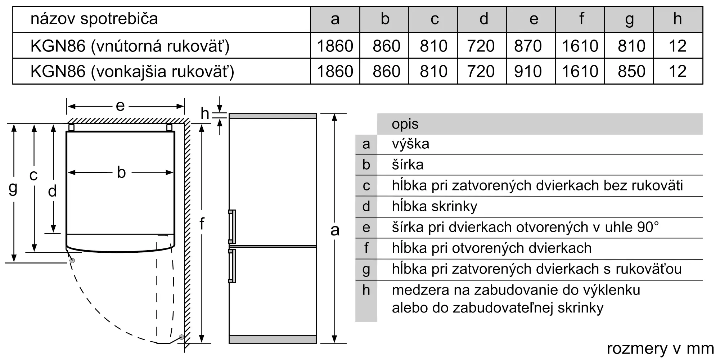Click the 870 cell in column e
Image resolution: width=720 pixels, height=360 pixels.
pyautogui.click(x=528, y=46)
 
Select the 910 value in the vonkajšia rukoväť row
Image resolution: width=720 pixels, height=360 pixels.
pyautogui.click(x=528, y=71)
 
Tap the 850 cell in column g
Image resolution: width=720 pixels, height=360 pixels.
pyautogui.click(x=631, y=71)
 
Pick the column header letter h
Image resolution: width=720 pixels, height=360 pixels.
pyautogui.click(x=678, y=18)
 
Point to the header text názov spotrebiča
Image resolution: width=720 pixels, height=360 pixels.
pyautogui.click(x=94, y=19)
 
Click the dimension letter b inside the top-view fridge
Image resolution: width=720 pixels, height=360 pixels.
pyautogui.click(x=121, y=172)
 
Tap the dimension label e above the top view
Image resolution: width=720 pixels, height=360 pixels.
pyautogui.click(x=120, y=106)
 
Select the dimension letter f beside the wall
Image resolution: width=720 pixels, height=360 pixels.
pyautogui.click(x=202, y=224)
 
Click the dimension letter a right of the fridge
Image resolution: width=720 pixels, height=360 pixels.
pyautogui.click(x=335, y=230)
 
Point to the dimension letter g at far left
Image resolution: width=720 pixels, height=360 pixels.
pyautogui.click(x=13, y=188)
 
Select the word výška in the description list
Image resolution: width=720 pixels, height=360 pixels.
pyautogui.click(x=410, y=144)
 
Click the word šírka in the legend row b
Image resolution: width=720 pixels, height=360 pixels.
pyautogui.click(x=408, y=165)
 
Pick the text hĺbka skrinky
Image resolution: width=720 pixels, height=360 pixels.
pyautogui.click(x=435, y=206)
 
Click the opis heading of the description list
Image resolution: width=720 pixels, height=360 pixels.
pyautogui.click(x=405, y=125)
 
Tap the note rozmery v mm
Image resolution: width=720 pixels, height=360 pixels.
pyautogui.click(x=660, y=348)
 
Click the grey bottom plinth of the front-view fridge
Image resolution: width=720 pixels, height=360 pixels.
pyautogui.click(x=273, y=339)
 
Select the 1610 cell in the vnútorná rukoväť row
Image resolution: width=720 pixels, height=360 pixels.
pyautogui.click(x=580, y=46)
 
